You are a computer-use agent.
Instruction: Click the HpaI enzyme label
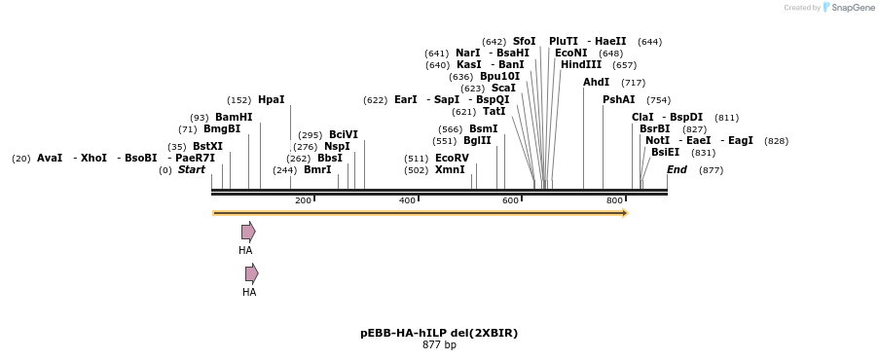271,100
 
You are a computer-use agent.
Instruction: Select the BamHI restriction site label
234,117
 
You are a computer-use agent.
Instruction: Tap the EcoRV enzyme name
452,158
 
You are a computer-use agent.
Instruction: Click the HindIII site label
581,65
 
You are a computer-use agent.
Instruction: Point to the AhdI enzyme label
596,83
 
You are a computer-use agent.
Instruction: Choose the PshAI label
618,99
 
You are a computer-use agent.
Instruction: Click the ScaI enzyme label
503,88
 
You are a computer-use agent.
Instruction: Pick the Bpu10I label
499,76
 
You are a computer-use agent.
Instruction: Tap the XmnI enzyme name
450,169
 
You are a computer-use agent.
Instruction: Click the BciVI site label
344,134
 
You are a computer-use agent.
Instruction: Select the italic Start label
192,169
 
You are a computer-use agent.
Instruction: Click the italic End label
677,169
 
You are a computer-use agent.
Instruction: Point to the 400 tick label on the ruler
407,200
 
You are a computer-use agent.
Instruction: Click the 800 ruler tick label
614,200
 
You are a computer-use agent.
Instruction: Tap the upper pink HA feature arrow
248,232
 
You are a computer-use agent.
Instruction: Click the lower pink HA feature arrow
252,273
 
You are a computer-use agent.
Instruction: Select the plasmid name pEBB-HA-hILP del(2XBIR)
439,333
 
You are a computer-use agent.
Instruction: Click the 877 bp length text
439,345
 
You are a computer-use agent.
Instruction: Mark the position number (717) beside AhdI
633,83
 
